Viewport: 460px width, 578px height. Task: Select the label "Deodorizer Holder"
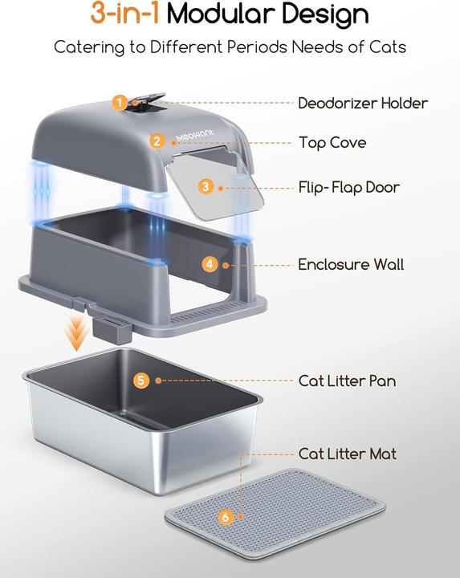tap(363, 103)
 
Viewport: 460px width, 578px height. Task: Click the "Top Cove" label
tap(332, 143)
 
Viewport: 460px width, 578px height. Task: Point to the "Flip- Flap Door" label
tap(349, 188)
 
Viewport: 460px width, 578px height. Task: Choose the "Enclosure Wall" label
tap(351, 264)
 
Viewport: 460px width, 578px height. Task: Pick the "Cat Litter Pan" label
tap(347, 381)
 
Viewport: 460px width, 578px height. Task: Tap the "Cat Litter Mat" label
tap(347, 454)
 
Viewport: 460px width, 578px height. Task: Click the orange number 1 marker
tap(120, 103)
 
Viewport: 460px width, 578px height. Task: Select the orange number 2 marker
tap(157, 141)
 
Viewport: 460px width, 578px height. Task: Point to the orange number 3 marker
tap(206, 186)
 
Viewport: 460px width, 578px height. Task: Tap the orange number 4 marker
tap(209, 263)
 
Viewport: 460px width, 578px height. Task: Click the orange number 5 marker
tap(141, 381)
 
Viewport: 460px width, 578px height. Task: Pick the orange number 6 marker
tap(226, 516)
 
